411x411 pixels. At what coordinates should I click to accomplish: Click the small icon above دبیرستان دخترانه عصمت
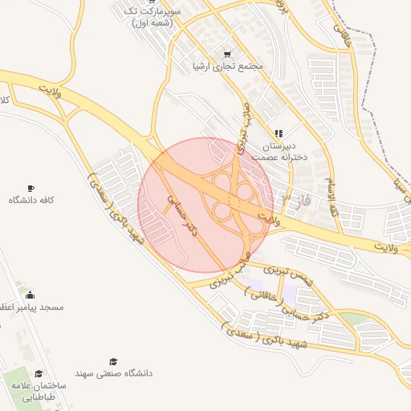tap(278, 133)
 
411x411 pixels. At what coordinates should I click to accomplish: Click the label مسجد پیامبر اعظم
tap(32, 307)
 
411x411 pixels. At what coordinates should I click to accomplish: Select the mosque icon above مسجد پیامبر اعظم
tap(30, 294)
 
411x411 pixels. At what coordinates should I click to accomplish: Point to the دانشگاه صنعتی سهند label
tap(113, 373)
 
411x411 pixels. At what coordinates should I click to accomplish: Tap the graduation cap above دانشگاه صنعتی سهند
tap(113, 361)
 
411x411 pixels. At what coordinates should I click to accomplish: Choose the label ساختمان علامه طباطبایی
tap(39, 391)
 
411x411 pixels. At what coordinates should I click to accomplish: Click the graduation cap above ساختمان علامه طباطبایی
tap(39, 373)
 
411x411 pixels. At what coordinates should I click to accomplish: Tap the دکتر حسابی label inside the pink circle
tap(182, 213)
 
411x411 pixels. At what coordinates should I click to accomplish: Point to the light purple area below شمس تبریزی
tap(255, 285)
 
